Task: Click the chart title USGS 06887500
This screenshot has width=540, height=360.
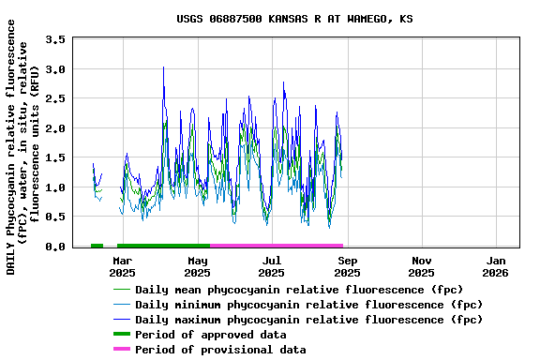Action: tap(294, 19)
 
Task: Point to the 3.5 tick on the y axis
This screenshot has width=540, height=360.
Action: tap(55, 39)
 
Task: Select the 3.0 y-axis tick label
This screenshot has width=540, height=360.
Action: tap(55, 69)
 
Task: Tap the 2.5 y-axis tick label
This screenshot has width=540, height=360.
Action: tap(55, 98)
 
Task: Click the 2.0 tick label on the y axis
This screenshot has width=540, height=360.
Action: tap(55, 128)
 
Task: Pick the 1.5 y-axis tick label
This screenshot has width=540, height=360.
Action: tap(55, 157)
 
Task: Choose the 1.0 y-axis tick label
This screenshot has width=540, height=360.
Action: tap(55, 187)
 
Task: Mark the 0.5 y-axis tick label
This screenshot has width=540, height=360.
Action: tap(55, 217)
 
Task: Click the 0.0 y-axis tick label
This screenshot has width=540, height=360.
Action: tap(55, 247)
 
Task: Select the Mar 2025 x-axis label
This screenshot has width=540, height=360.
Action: tap(122, 266)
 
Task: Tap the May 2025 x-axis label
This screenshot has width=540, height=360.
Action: tap(197, 266)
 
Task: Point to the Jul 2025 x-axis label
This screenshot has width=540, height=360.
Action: tap(272, 266)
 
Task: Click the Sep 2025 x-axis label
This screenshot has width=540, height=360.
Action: tap(347, 266)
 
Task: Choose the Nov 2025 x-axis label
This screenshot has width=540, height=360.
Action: tap(422, 266)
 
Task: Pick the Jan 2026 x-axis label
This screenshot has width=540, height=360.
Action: tap(497, 266)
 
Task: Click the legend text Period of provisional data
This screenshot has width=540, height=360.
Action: tap(220, 350)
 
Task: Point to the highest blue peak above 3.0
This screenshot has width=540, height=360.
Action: tap(163, 67)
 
